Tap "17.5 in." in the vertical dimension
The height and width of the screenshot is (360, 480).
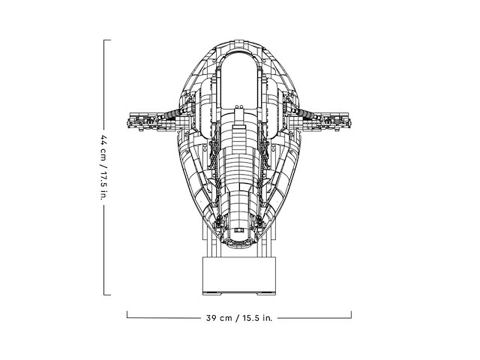pos(103,186)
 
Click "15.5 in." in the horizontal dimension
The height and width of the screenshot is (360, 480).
pos(257,318)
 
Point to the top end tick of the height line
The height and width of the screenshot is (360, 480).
pos(107,40)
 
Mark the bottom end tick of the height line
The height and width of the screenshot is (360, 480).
pos(107,295)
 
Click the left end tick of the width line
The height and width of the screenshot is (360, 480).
pos(127,315)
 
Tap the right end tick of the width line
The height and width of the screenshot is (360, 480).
pos(351,315)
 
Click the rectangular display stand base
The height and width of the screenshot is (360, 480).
pos(239,274)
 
